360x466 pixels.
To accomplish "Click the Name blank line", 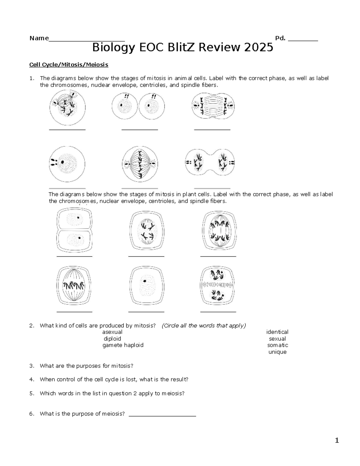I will [87, 39].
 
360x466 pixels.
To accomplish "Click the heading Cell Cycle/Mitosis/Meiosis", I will [68, 65].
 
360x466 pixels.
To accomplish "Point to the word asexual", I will [112, 332].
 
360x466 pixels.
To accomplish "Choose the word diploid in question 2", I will [112, 338].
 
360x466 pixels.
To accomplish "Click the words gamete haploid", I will [123, 345].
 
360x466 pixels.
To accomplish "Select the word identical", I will [277, 332].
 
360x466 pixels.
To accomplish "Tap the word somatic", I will [277, 345].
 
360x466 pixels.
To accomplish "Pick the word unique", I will [277, 352].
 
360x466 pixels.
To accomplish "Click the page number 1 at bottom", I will [337, 440].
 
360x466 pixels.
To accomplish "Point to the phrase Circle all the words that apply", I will [204, 326].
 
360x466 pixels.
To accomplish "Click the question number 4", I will [32, 379].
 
